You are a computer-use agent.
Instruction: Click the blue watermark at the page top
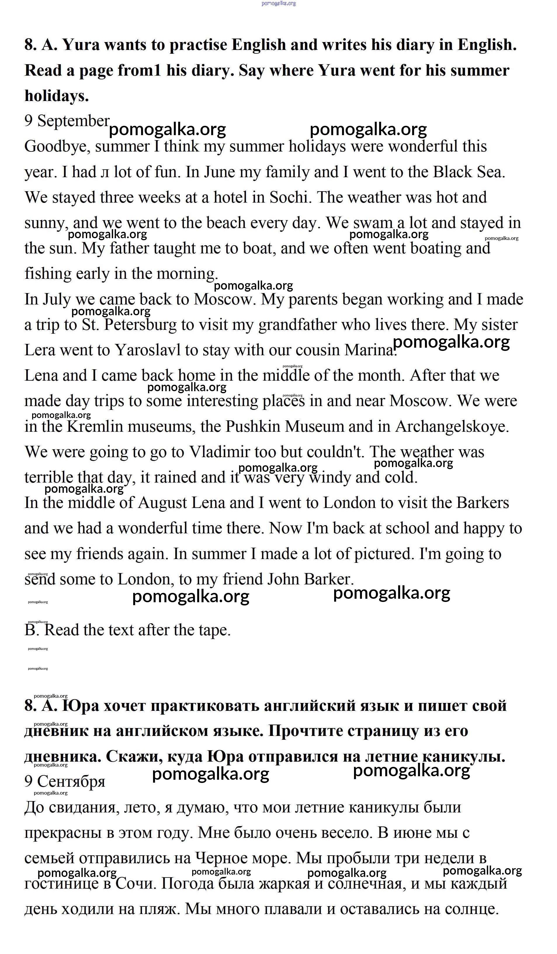[x=279, y=4]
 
